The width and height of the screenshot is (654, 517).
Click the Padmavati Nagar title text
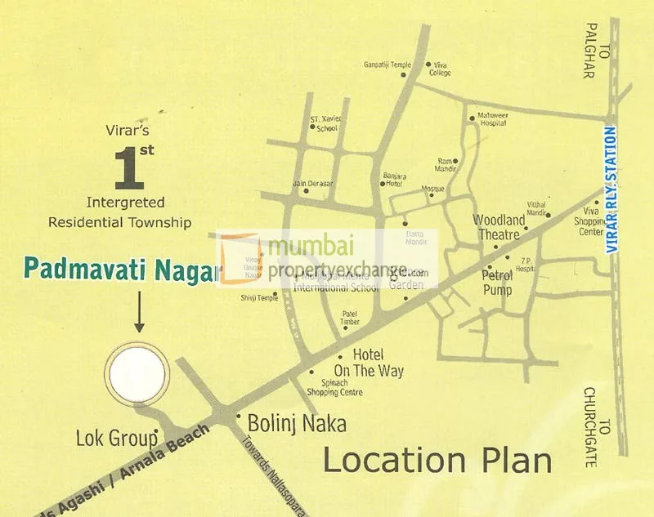(119, 270)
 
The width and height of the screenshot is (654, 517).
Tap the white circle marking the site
(137, 376)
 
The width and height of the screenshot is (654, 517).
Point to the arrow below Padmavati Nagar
(138, 313)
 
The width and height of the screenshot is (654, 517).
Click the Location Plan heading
(437, 461)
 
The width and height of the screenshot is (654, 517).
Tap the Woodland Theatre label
(499, 227)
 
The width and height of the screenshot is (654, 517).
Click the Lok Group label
(116, 438)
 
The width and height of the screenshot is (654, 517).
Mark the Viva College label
(440, 68)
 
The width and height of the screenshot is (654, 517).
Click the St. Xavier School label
(326, 123)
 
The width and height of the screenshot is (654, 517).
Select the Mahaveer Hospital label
(492, 121)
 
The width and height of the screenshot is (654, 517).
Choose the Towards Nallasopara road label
(273, 470)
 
